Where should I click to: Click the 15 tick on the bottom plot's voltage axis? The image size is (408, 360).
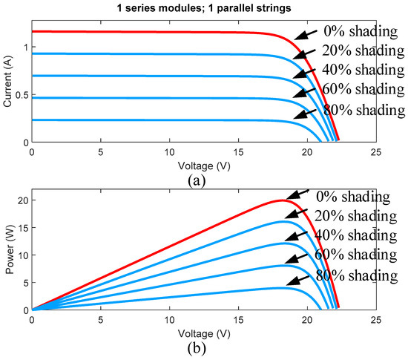point(238,320)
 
